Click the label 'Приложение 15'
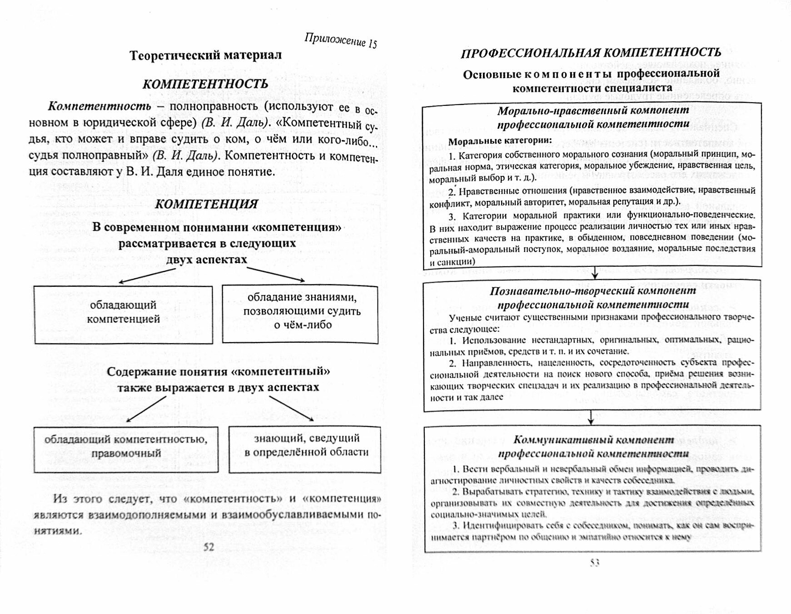point(340,40)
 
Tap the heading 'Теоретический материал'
point(205,55)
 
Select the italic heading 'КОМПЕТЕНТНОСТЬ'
point(205,84)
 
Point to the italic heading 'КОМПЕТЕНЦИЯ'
point(206,204)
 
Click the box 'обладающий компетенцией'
point(123,314)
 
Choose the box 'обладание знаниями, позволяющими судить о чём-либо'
point(300,314)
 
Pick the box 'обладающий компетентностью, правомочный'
point(126,449)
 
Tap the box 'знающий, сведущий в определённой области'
point(305,449)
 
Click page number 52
point(209,547)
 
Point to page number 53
point(595,563)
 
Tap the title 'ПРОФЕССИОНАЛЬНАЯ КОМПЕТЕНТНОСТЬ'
point(591,53)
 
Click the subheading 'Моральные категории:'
point(500,141)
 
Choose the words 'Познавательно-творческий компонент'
point(593,291)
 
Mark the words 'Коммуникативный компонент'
point(593,439)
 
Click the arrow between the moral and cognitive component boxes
point(595,273)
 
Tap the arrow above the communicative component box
point(590,418)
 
